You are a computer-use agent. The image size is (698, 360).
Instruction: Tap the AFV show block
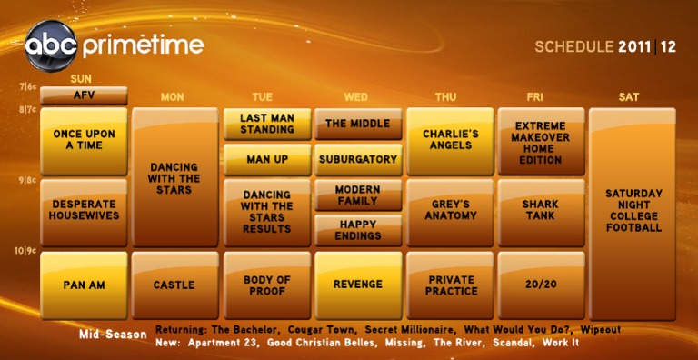[x=84, y=95]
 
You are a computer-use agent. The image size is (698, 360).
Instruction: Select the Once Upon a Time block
[x=84, y=140]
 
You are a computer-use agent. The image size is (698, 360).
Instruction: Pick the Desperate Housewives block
[x=84, y=211]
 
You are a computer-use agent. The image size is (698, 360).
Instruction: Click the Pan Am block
[x=84, y=285]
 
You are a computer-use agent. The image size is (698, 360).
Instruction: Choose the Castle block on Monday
[x=174, y=285]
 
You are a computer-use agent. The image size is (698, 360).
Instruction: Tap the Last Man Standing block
[x=266, y=124]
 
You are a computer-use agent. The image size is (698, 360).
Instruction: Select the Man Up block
[x=266, y=159]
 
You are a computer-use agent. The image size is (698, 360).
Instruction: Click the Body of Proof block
[x=266, y=285]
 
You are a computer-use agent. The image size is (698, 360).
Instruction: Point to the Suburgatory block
[x=358, y=159]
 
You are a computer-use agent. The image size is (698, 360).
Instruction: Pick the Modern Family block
[x=358, y=195]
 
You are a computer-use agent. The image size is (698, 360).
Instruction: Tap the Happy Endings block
[x=358, y=230]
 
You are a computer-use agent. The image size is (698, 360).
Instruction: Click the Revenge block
[x=358, y=285]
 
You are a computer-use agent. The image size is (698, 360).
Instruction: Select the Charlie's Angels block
[x=450, y=140]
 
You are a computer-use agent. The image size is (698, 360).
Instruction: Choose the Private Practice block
[x=450, y=285]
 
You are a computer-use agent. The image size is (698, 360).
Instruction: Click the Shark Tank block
[x=541, y=211]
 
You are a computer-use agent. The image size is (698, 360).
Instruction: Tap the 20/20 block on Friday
[x=541, y=285]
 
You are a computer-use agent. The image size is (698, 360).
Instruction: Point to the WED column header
[x=356, y=96]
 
